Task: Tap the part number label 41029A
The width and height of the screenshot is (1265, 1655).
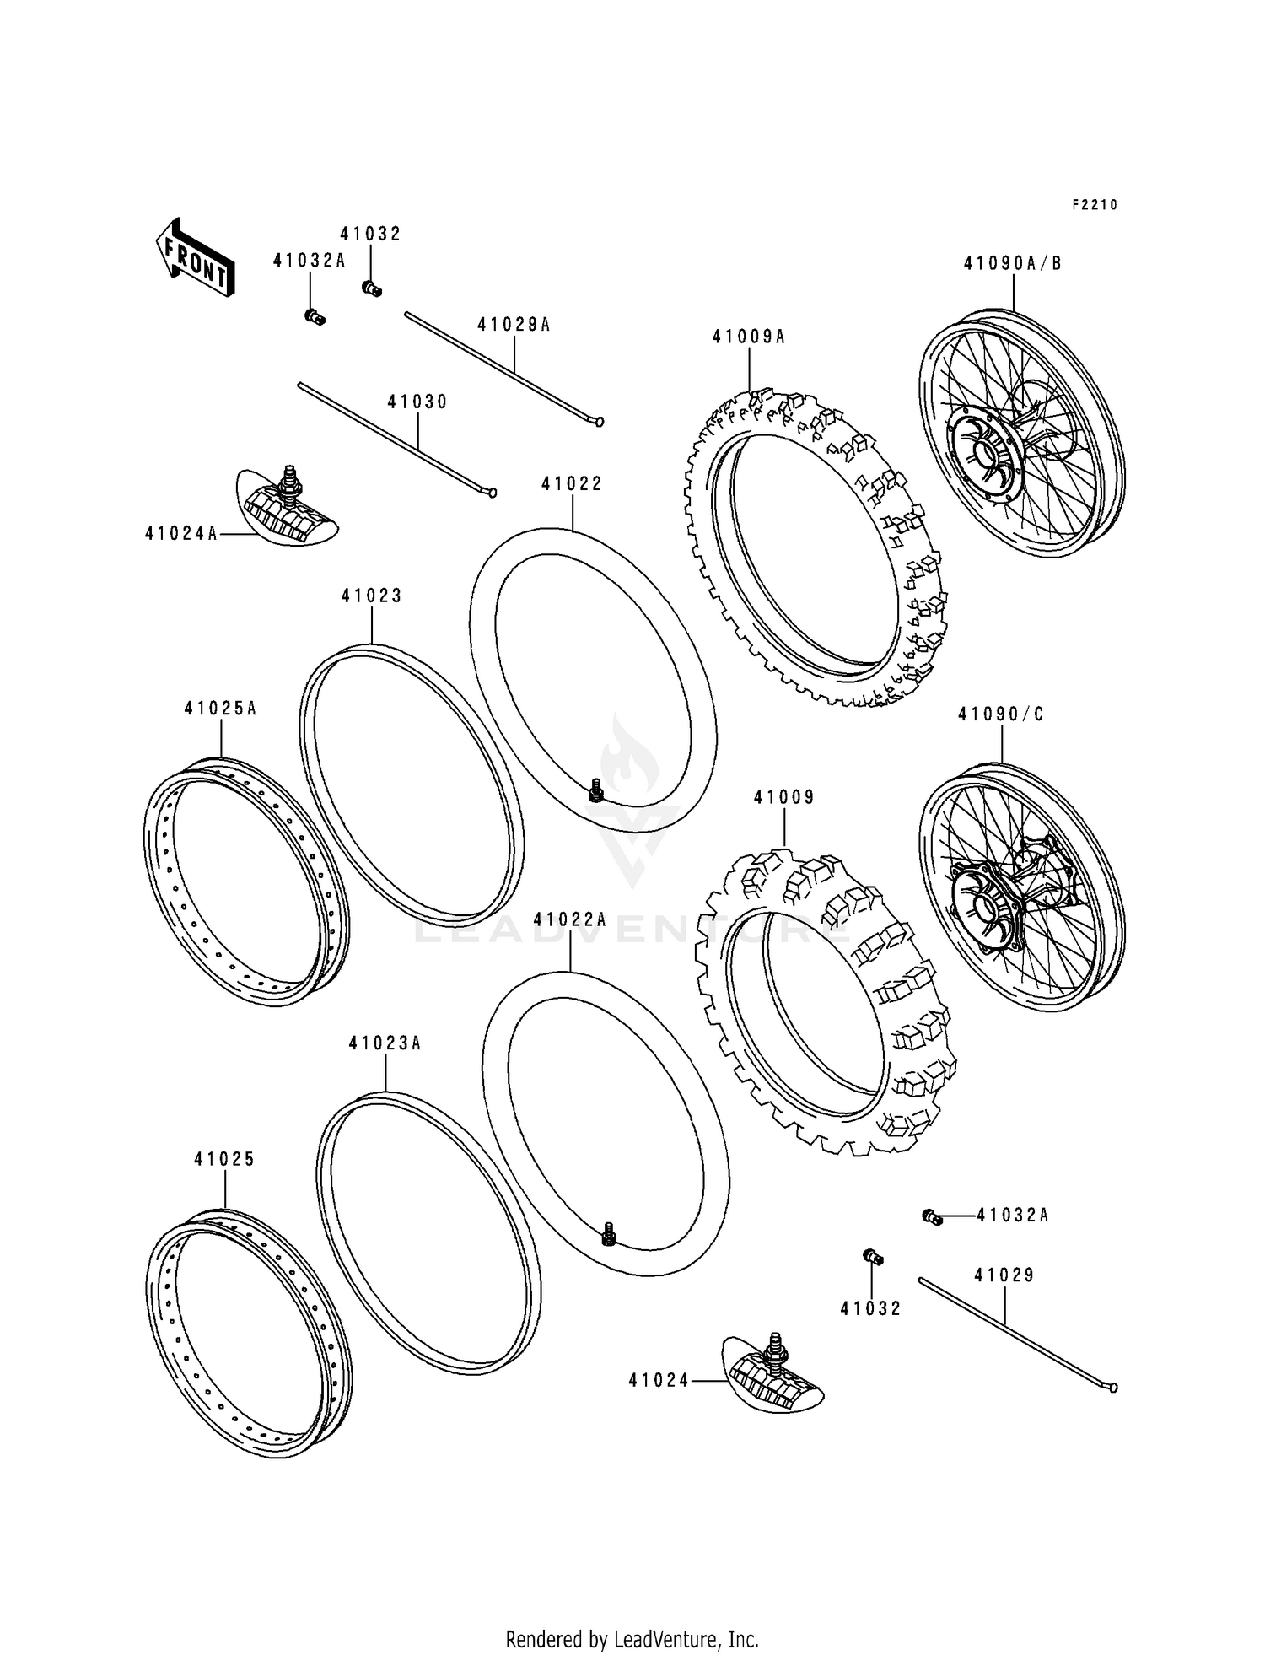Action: [514, 325]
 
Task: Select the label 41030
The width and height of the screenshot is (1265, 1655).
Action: [417, 402]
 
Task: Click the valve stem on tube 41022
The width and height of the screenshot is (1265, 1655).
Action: [596, 790]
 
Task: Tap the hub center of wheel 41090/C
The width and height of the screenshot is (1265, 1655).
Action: [984, 908]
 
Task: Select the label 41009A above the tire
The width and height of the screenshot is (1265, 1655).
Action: [748, 337]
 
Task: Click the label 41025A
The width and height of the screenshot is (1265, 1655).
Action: [220, 709]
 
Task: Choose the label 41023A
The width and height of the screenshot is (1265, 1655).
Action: [385, 1043]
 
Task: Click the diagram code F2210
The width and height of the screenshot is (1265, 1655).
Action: [1094, 205]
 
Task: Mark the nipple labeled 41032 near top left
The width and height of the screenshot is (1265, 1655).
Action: [371, 288]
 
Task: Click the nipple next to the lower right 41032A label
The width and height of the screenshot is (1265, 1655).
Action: [932, 1216]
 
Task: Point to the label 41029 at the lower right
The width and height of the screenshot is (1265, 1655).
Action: [1004, 1275]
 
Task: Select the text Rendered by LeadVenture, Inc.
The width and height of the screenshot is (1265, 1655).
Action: [632, 1639]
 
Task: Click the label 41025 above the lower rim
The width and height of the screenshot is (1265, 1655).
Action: [224, 1160]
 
